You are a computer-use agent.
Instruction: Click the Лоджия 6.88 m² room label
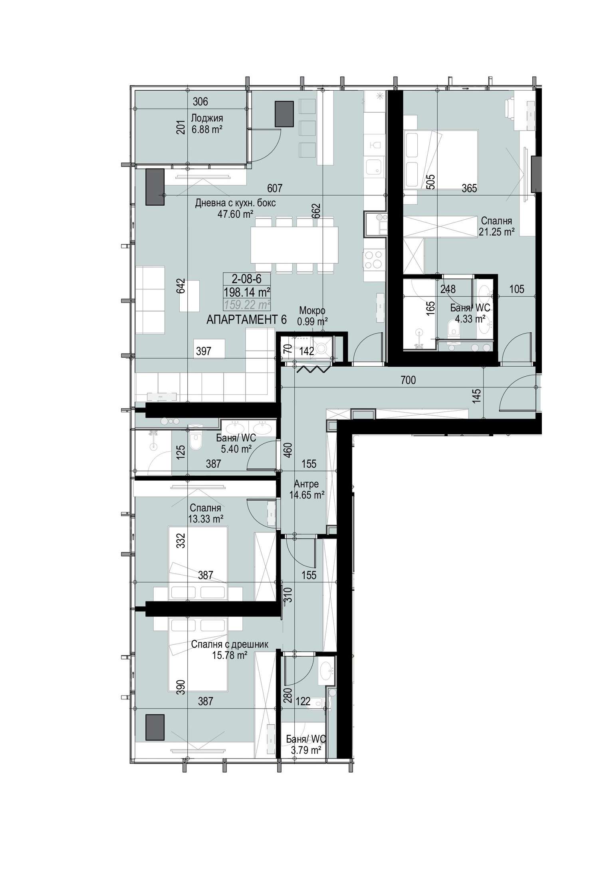point(206,124)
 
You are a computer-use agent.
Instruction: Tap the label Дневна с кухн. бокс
point(235,203)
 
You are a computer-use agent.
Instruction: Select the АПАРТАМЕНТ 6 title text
point(246,320)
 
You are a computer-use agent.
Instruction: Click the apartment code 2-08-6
point(246,278)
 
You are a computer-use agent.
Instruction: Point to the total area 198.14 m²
point(247,292)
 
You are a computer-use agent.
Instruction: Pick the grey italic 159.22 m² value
point(247,305)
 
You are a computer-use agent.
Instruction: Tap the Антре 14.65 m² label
point(306,490)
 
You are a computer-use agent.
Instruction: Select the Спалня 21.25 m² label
point(496,226)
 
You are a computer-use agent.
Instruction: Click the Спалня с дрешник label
point(230,644)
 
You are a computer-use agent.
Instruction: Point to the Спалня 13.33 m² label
point(205,513)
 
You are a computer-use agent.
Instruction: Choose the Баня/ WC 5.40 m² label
point(236,443)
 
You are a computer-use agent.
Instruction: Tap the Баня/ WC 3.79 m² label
point(306,745)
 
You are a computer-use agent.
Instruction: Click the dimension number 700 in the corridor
point(408,380)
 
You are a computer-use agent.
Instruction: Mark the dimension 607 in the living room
point(275,188)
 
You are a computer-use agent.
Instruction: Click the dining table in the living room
point(294,244)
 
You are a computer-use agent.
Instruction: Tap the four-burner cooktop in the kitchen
point(374,259)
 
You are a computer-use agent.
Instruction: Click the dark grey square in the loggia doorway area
point(284,114)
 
